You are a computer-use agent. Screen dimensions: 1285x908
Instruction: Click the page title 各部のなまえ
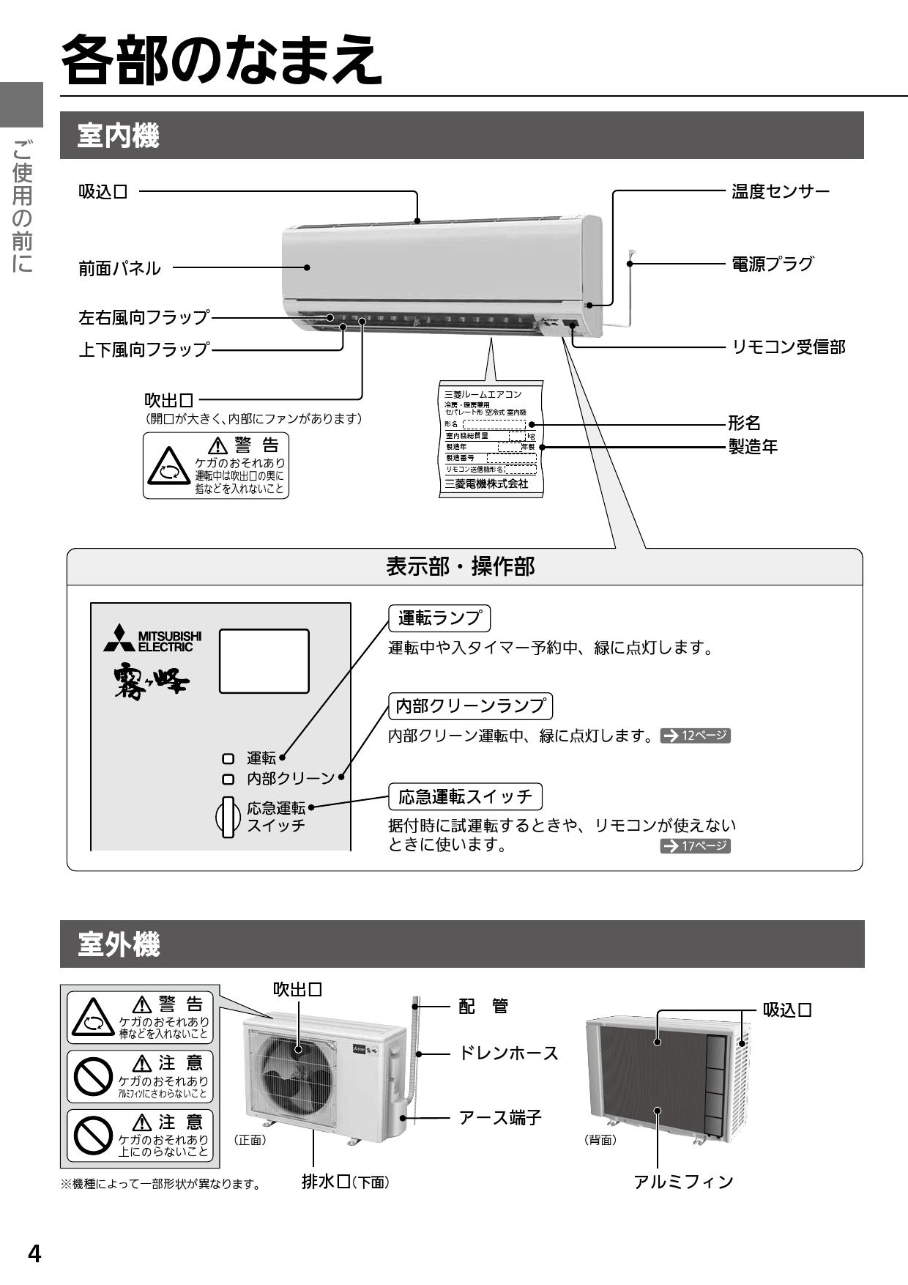221,60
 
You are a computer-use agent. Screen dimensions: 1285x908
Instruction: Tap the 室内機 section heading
118,136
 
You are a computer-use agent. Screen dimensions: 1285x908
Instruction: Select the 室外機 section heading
118,945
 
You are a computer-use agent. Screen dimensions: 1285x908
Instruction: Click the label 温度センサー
780,192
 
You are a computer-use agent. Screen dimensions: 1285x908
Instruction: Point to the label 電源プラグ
772,264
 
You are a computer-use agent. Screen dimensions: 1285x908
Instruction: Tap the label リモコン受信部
788,347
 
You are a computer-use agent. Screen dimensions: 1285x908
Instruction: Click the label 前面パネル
119,268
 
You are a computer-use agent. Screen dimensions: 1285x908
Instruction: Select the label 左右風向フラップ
144,318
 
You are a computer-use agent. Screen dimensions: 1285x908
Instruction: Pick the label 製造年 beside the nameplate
753,446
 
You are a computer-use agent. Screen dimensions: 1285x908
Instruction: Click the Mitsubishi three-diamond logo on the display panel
119,639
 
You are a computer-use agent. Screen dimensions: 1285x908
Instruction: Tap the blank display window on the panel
264,661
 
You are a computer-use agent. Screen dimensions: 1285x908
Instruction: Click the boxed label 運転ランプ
439,618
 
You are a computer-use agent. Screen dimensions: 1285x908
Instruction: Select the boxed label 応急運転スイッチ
464,796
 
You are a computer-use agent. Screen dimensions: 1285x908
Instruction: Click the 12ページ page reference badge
695,736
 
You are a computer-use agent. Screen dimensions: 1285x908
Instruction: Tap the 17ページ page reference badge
695,846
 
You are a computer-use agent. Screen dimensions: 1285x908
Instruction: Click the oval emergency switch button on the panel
228,817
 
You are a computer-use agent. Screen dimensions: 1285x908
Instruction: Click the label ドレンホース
508,1053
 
